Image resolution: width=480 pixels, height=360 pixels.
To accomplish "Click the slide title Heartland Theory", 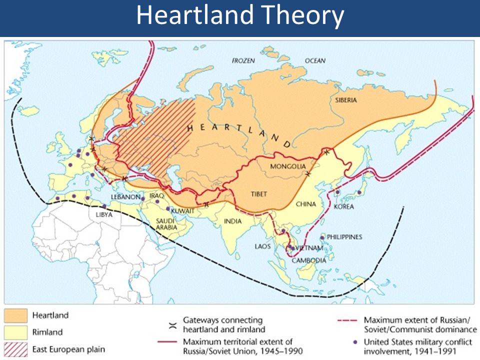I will tap(240, 16).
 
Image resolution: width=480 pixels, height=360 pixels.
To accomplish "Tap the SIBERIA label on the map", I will tap(346, 100).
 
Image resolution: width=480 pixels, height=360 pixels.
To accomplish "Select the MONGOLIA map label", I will tap(287, 166).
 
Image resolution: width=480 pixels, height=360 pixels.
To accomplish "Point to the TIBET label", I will tap(258, 194).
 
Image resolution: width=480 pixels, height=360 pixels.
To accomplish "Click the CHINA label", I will tap(305, 204).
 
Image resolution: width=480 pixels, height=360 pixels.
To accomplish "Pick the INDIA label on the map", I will tap(232, 221).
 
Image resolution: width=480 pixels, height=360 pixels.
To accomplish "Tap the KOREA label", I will tap(344, 206).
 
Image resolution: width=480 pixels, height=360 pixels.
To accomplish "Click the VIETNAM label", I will tap(309, 248).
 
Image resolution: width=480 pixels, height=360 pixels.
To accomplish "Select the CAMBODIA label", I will tap(309, 260).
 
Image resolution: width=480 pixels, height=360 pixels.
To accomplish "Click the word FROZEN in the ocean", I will tap(243, 60).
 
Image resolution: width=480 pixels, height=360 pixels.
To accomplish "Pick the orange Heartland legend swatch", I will tap(16, 315).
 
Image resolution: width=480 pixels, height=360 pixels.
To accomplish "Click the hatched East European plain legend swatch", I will tap(16, 348).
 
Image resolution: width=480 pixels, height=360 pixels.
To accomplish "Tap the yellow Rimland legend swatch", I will tap(16, 332).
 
